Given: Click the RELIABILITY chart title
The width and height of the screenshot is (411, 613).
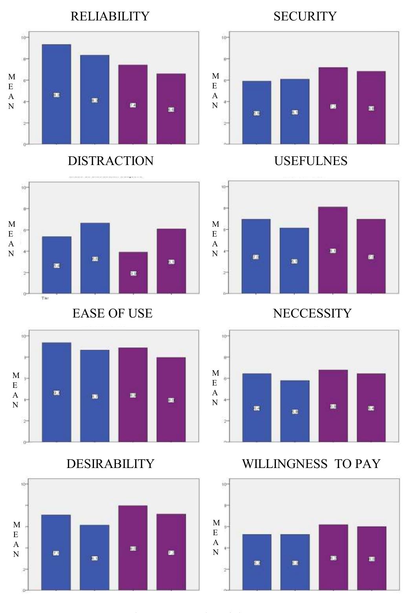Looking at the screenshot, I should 110,16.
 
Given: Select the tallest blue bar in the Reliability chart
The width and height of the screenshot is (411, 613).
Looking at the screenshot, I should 56,94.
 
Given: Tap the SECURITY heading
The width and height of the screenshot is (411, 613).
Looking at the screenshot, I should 305,16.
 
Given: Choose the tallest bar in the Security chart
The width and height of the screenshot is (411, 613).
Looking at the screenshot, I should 333,106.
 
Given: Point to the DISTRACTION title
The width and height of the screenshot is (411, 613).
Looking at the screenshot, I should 110,161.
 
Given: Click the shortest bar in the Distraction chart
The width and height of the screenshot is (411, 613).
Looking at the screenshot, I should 133,273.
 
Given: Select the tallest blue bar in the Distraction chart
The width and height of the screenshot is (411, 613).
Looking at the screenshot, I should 95,258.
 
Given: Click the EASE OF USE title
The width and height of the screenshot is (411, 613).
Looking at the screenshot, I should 112,313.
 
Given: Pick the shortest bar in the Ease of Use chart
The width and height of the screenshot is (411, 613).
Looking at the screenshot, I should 171,400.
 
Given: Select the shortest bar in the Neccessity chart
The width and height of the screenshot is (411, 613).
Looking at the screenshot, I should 295,411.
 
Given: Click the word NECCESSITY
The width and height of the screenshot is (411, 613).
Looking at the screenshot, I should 312,313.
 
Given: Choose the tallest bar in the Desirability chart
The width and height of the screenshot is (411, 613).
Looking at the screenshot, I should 133,548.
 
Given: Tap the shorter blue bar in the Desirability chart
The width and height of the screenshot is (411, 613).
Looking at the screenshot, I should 95,558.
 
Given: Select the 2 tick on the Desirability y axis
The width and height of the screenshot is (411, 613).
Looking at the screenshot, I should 24,569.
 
